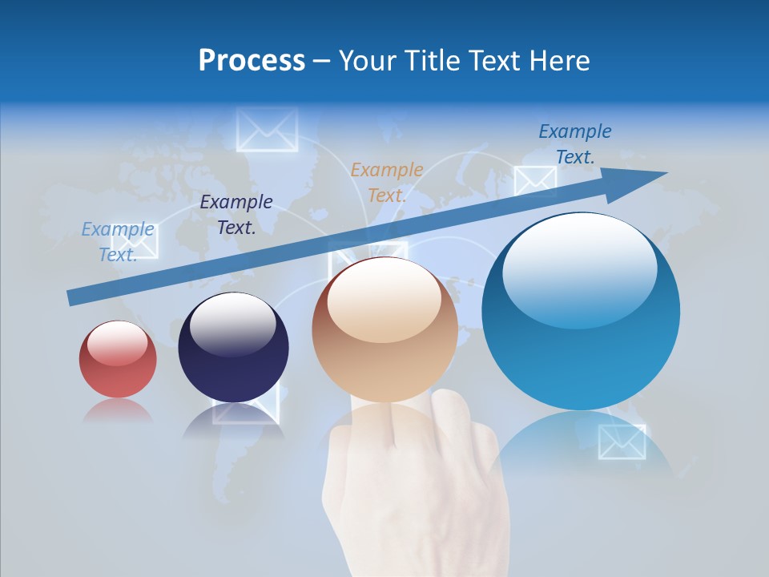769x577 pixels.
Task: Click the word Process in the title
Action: coord(252,60)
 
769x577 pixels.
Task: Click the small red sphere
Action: coord(118,359)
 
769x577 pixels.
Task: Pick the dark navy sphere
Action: coord(233,347)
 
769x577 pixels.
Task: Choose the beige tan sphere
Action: coord(384,329)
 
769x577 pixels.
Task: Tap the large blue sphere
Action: coord(581,311)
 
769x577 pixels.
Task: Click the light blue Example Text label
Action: coord(118,241)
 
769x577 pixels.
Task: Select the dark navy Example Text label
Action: coord(236,215)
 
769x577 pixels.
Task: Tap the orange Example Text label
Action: coord(386,182)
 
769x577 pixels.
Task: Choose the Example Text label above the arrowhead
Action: coord(574,144)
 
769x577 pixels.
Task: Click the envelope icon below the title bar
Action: coord(267,130)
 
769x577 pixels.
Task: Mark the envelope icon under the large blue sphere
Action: coord(622,442)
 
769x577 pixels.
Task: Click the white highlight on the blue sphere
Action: coord(578,268)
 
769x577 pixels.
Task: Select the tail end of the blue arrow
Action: coord(74,297)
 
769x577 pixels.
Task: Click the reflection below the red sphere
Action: coord(118,410)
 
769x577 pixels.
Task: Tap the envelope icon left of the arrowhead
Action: coord(534,181)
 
